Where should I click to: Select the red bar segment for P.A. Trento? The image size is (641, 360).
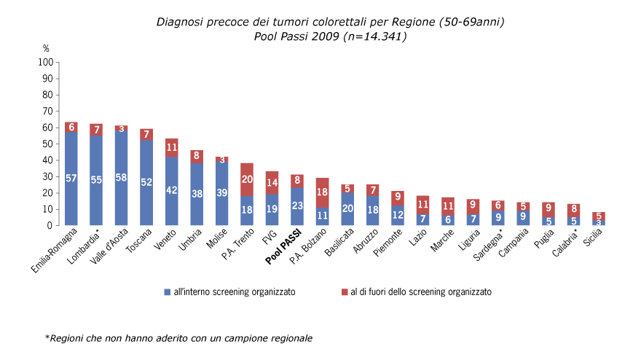point(247,179)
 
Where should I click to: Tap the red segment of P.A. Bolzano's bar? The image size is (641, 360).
point(322,192)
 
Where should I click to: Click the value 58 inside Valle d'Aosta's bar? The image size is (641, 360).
point(122,178)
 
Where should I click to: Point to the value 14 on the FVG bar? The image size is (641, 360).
point(272,183)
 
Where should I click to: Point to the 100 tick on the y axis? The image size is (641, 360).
point(44,63)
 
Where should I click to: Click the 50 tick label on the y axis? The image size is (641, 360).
point(47,144)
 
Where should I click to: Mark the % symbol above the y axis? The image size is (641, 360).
point(46,49)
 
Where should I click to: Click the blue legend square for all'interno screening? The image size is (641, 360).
point(167,291)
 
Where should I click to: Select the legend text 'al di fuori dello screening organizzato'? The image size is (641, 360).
point(420,291)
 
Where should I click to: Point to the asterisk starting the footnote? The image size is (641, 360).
point(47,337)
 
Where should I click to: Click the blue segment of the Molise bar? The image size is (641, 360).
point(222,193)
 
